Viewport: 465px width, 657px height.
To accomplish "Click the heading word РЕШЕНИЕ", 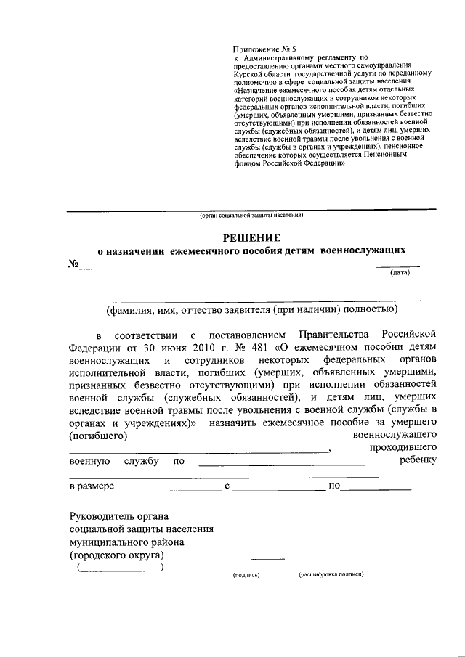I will [251, 237].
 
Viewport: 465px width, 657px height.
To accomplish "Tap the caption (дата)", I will [400, 273].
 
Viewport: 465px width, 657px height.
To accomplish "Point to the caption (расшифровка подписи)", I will [331, 574].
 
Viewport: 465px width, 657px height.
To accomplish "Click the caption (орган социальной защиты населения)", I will [251, 216].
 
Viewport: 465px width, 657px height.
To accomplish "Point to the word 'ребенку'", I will [418, 461].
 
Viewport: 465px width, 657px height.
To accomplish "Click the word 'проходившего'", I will [403, 448].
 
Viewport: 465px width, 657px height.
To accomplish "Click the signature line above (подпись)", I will [268, 560].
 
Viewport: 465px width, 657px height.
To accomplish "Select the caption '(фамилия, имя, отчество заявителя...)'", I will [251, 310].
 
